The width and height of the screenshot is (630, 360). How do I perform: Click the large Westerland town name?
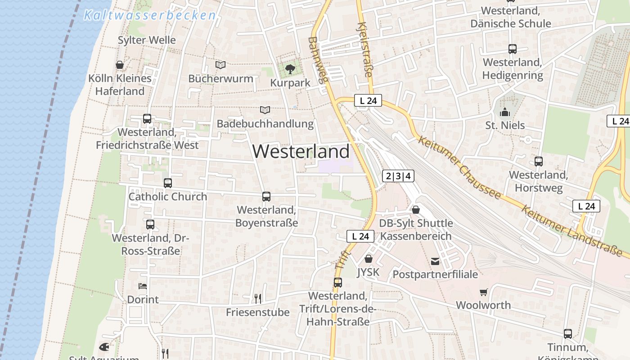tap(301, 151)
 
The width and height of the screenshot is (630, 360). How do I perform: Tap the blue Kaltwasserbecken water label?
tap(150, 15)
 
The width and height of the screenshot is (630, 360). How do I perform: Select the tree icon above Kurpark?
tap(290, 69)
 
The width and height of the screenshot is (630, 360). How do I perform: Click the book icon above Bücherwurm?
tap(220, 65)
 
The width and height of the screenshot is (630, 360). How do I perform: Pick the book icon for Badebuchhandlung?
tap(265, 110)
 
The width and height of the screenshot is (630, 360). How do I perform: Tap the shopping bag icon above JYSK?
tap(369, 259)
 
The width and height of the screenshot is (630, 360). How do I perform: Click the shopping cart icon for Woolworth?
tap(484, 292)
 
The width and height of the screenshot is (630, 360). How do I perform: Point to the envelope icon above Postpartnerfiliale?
tap(435, 261)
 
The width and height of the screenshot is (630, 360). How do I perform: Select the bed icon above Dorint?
tap(143, 286)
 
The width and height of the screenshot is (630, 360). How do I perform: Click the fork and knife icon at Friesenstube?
tap(258, 298)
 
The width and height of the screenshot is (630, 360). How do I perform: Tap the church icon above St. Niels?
tap(504, 112)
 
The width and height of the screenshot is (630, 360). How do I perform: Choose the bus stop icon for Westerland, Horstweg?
tap(539, 161)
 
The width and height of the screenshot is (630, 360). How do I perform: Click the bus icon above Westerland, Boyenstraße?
tap(266, 197)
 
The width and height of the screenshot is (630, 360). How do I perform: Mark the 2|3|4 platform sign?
tap(398, 176)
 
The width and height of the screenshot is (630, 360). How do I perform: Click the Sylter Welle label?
tap(147, 40)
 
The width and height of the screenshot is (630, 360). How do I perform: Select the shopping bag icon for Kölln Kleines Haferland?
tap(120, 65)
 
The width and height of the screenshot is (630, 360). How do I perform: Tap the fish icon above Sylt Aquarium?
tap(104, 347)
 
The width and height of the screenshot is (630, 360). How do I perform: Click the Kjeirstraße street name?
tap(365, 49)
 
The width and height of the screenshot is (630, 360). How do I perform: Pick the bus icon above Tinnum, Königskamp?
tap(568, 334)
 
